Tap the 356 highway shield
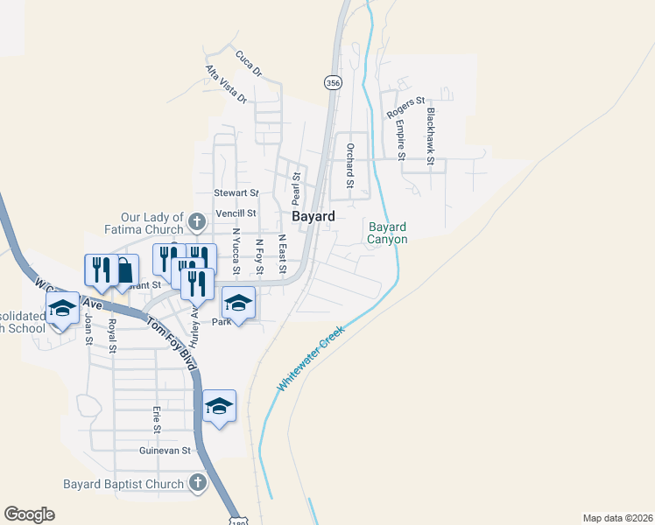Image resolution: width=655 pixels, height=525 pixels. click(x=333, y=82)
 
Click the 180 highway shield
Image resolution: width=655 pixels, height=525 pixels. click(x=239, y=520)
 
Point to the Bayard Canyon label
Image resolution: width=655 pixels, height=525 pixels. click(x=387, y=233)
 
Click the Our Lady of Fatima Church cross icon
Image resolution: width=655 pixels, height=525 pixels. click(x=198, y=218)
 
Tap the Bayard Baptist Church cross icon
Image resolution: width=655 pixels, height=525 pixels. click(x=198, y=483)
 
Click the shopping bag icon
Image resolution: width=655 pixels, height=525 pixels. click(x=124, y=270)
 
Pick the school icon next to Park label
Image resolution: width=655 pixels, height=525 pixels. click(x=237, y=303)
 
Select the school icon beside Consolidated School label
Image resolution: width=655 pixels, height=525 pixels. click(x=62, y=309)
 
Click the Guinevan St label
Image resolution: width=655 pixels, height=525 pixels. click(x=165, y=451)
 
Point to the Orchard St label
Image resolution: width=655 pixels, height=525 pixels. click(x=349, y=166)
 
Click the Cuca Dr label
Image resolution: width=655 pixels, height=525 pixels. click(x=249, y=64)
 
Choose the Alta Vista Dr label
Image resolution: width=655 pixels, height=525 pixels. click(x=226, y=84)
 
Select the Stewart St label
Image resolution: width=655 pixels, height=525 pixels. click(x=237, y=192)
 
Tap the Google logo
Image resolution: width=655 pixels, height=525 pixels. click(x=29, y=514)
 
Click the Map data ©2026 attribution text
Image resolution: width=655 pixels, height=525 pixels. click(x=616, y=518)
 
